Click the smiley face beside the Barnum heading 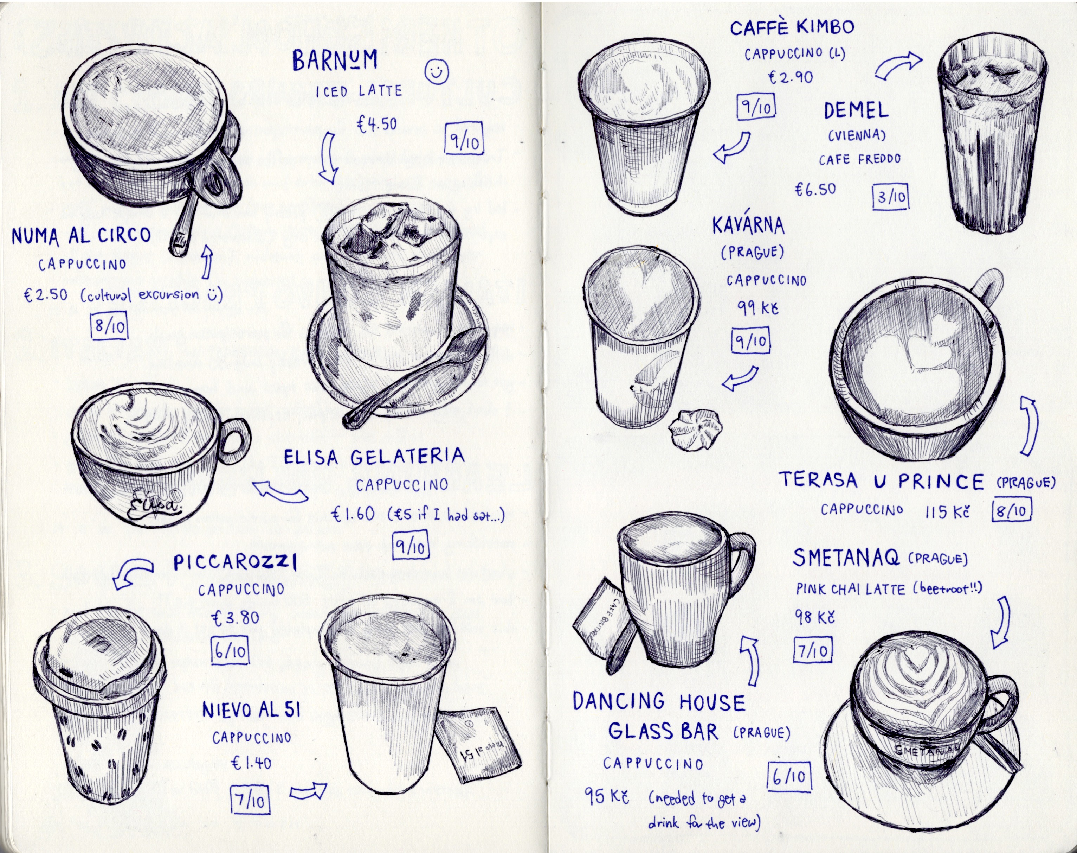point(437,72)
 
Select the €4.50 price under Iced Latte point(377,123)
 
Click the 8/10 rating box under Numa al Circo point(109,326)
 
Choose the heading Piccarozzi point(235,562)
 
